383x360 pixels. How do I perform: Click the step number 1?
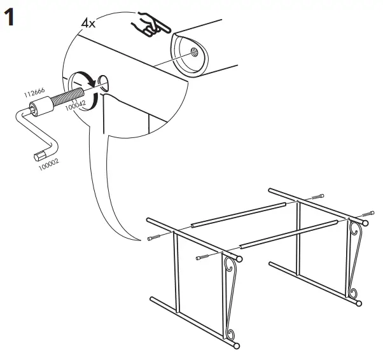pos(11,17)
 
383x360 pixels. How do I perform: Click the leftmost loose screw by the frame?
pos(154,239)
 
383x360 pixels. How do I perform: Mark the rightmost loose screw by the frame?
pos(368,213)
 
